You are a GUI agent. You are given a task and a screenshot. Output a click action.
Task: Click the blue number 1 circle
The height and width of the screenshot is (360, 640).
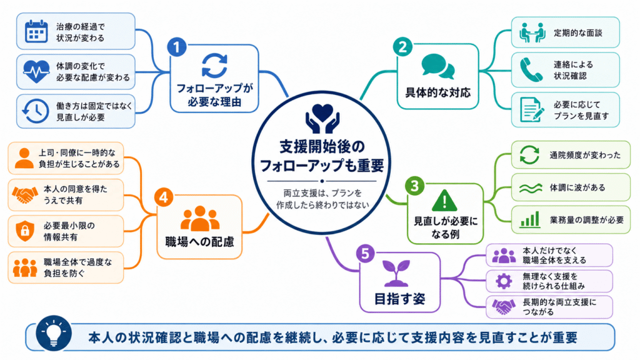click(177, 47)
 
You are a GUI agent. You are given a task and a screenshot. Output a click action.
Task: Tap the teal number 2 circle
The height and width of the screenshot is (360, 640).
click(402, 47)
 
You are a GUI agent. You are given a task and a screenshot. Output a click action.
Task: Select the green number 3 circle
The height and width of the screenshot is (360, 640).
click(415, 186)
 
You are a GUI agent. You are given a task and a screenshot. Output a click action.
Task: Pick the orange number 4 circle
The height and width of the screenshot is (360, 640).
click(164, 198)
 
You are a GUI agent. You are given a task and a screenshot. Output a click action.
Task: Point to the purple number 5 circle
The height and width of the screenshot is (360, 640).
click(365, 254)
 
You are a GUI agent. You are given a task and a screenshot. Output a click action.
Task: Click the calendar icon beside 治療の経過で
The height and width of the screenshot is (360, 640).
click(36, 31)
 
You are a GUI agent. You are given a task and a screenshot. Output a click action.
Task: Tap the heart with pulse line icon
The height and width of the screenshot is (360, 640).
click(36, 71)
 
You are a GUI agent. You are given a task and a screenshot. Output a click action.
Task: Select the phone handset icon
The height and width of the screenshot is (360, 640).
click(531, 70)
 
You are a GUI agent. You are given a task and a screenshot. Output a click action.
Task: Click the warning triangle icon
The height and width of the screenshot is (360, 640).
click(444, 201)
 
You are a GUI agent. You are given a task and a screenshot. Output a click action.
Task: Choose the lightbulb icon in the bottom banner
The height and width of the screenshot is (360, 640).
click(54, 333)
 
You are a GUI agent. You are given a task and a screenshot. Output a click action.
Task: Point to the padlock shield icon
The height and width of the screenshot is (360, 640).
click(25, 231)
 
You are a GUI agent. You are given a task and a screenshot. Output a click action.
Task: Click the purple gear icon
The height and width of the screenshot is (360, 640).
click(504, 281)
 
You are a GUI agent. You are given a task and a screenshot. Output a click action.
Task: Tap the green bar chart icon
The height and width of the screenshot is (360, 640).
click(530, 219)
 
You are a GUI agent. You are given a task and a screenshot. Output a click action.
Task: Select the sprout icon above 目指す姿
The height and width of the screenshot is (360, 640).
click(396, 272)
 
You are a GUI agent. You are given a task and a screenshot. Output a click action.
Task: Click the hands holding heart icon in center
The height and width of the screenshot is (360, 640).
click(322, 119)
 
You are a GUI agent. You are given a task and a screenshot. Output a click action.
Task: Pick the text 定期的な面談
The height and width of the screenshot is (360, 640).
click(578, 33)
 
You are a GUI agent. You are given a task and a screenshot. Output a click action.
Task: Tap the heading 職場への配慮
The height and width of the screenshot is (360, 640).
click(199, 242)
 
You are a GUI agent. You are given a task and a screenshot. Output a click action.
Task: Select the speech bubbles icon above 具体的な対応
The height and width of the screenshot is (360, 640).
click(438, 66)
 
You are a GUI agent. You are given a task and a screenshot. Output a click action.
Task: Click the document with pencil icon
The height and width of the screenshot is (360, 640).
click(532, 109)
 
